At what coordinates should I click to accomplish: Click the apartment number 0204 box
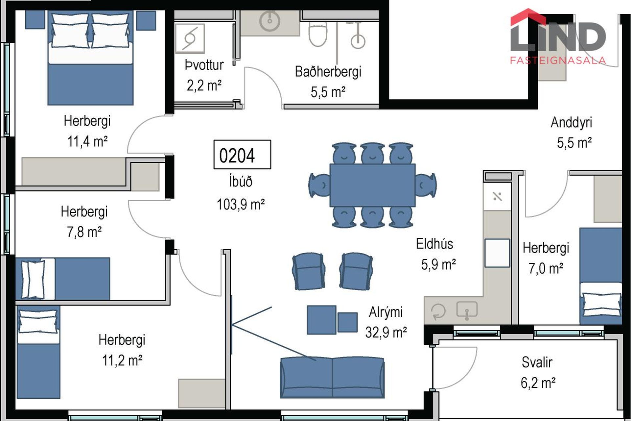click(x=242, y=155)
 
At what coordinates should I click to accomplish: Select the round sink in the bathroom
click(x=269, y=21)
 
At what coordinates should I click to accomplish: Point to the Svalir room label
click(x=537, y=362)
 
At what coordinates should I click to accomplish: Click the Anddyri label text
click(x=571, y=122)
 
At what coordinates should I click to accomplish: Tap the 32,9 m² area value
click(x=386, y=332)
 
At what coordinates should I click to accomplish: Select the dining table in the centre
click(x=372, y=185)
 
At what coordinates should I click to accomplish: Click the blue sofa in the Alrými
click(x=332, y=378)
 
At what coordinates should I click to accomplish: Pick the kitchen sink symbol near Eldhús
click(x=467, y=310)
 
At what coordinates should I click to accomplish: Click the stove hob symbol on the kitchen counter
click(x=497, y=197)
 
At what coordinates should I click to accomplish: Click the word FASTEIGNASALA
click(x=558, y=61)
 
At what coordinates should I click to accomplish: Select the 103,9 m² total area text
click(x=241, y=205)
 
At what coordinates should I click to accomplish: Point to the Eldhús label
click(x=434, y=244)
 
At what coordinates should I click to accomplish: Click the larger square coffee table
click(x=321, y=320)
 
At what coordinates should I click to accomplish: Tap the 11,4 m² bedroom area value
click(x=87, y=141)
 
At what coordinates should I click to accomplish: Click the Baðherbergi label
click(x=328, y=72)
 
